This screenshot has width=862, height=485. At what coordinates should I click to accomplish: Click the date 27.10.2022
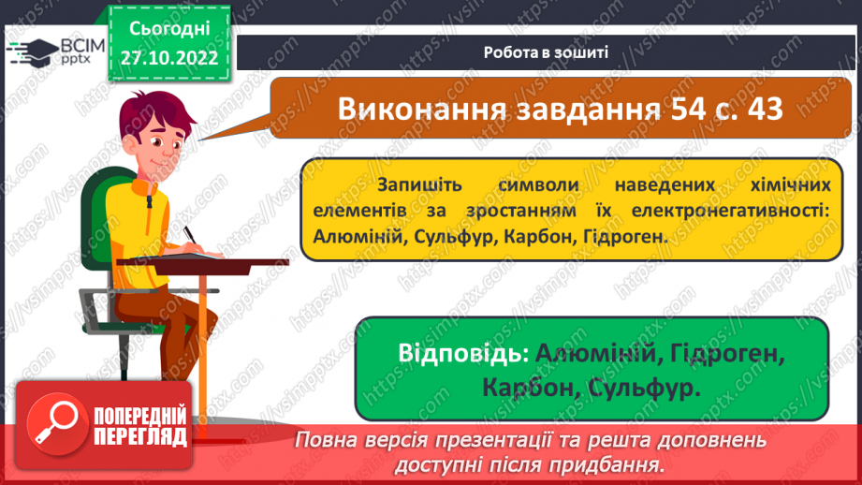click(x=168, y=57)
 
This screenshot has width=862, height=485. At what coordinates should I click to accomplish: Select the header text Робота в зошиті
click(x=547, y=51)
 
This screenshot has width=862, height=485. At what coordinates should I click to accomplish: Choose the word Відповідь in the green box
click(x=457, y=355)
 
